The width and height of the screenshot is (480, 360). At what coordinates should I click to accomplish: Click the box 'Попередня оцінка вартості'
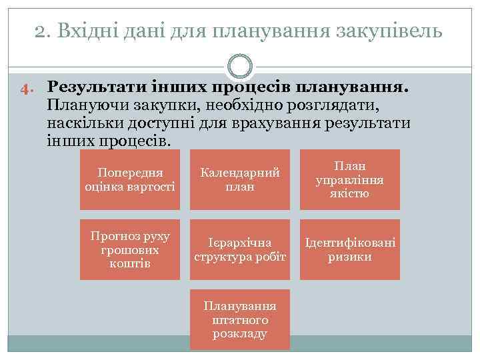130,179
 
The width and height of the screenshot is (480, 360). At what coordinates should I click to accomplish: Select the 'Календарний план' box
240,179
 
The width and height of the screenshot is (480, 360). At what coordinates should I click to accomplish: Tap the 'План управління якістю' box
350,179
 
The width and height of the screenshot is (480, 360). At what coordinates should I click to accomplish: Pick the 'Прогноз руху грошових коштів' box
130,249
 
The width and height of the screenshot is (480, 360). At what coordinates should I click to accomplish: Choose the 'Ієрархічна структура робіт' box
240,249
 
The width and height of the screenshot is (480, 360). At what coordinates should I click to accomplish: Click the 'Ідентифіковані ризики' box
350,249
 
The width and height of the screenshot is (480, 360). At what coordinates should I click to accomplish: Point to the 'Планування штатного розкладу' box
240,319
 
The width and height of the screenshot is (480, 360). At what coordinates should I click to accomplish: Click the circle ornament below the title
240,66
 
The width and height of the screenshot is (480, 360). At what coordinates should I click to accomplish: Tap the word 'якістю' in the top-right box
350,194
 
